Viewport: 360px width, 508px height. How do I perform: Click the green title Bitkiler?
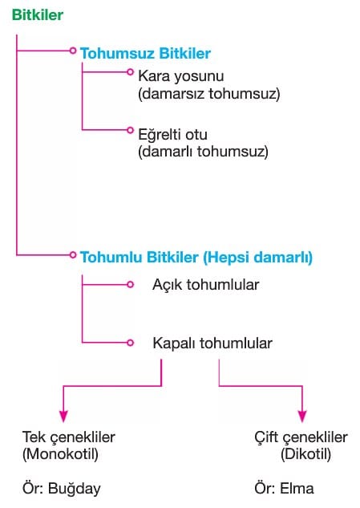coord(38,15)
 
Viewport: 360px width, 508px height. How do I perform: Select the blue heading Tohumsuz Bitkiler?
coord(145,54)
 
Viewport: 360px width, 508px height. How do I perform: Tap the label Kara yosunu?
coord(181,77)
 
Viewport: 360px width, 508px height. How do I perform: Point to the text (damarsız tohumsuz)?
coord(209,94)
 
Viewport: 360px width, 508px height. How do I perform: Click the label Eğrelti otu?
coord(173,135)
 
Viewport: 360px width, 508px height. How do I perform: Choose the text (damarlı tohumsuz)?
coord(204,152)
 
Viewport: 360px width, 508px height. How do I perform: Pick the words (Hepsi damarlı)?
coord(257,258)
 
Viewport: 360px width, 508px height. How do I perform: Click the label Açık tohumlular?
coord(206,285)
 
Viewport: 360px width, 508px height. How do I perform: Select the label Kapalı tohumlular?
coord(212,343)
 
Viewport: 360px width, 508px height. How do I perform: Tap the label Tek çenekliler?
coord(69,437)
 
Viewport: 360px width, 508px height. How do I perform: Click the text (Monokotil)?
coord(60,454)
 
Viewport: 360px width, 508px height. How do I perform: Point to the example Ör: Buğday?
coord(62,489)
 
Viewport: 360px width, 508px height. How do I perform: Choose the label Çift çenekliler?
coord(301,437)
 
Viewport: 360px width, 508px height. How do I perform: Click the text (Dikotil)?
coord(306,454)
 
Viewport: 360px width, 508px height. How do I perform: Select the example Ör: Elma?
coord(285,489)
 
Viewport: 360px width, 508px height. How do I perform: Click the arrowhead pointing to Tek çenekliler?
coord(63,417)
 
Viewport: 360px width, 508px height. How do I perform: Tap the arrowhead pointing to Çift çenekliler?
coord(302,417)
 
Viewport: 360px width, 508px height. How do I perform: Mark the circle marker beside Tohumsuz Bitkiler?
coord(73,51)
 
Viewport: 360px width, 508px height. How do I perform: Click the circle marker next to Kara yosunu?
coord(130,72)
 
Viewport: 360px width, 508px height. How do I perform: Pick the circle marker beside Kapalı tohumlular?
coord(130,343)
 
